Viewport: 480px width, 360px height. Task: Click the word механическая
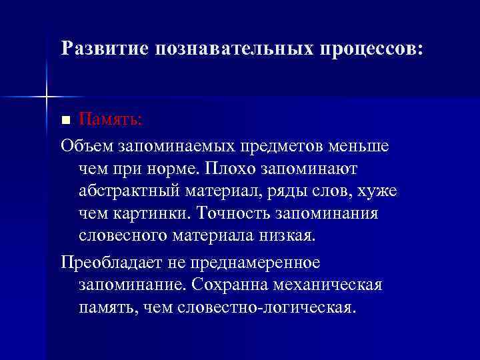pyautogui.click(x=331, y=285)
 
